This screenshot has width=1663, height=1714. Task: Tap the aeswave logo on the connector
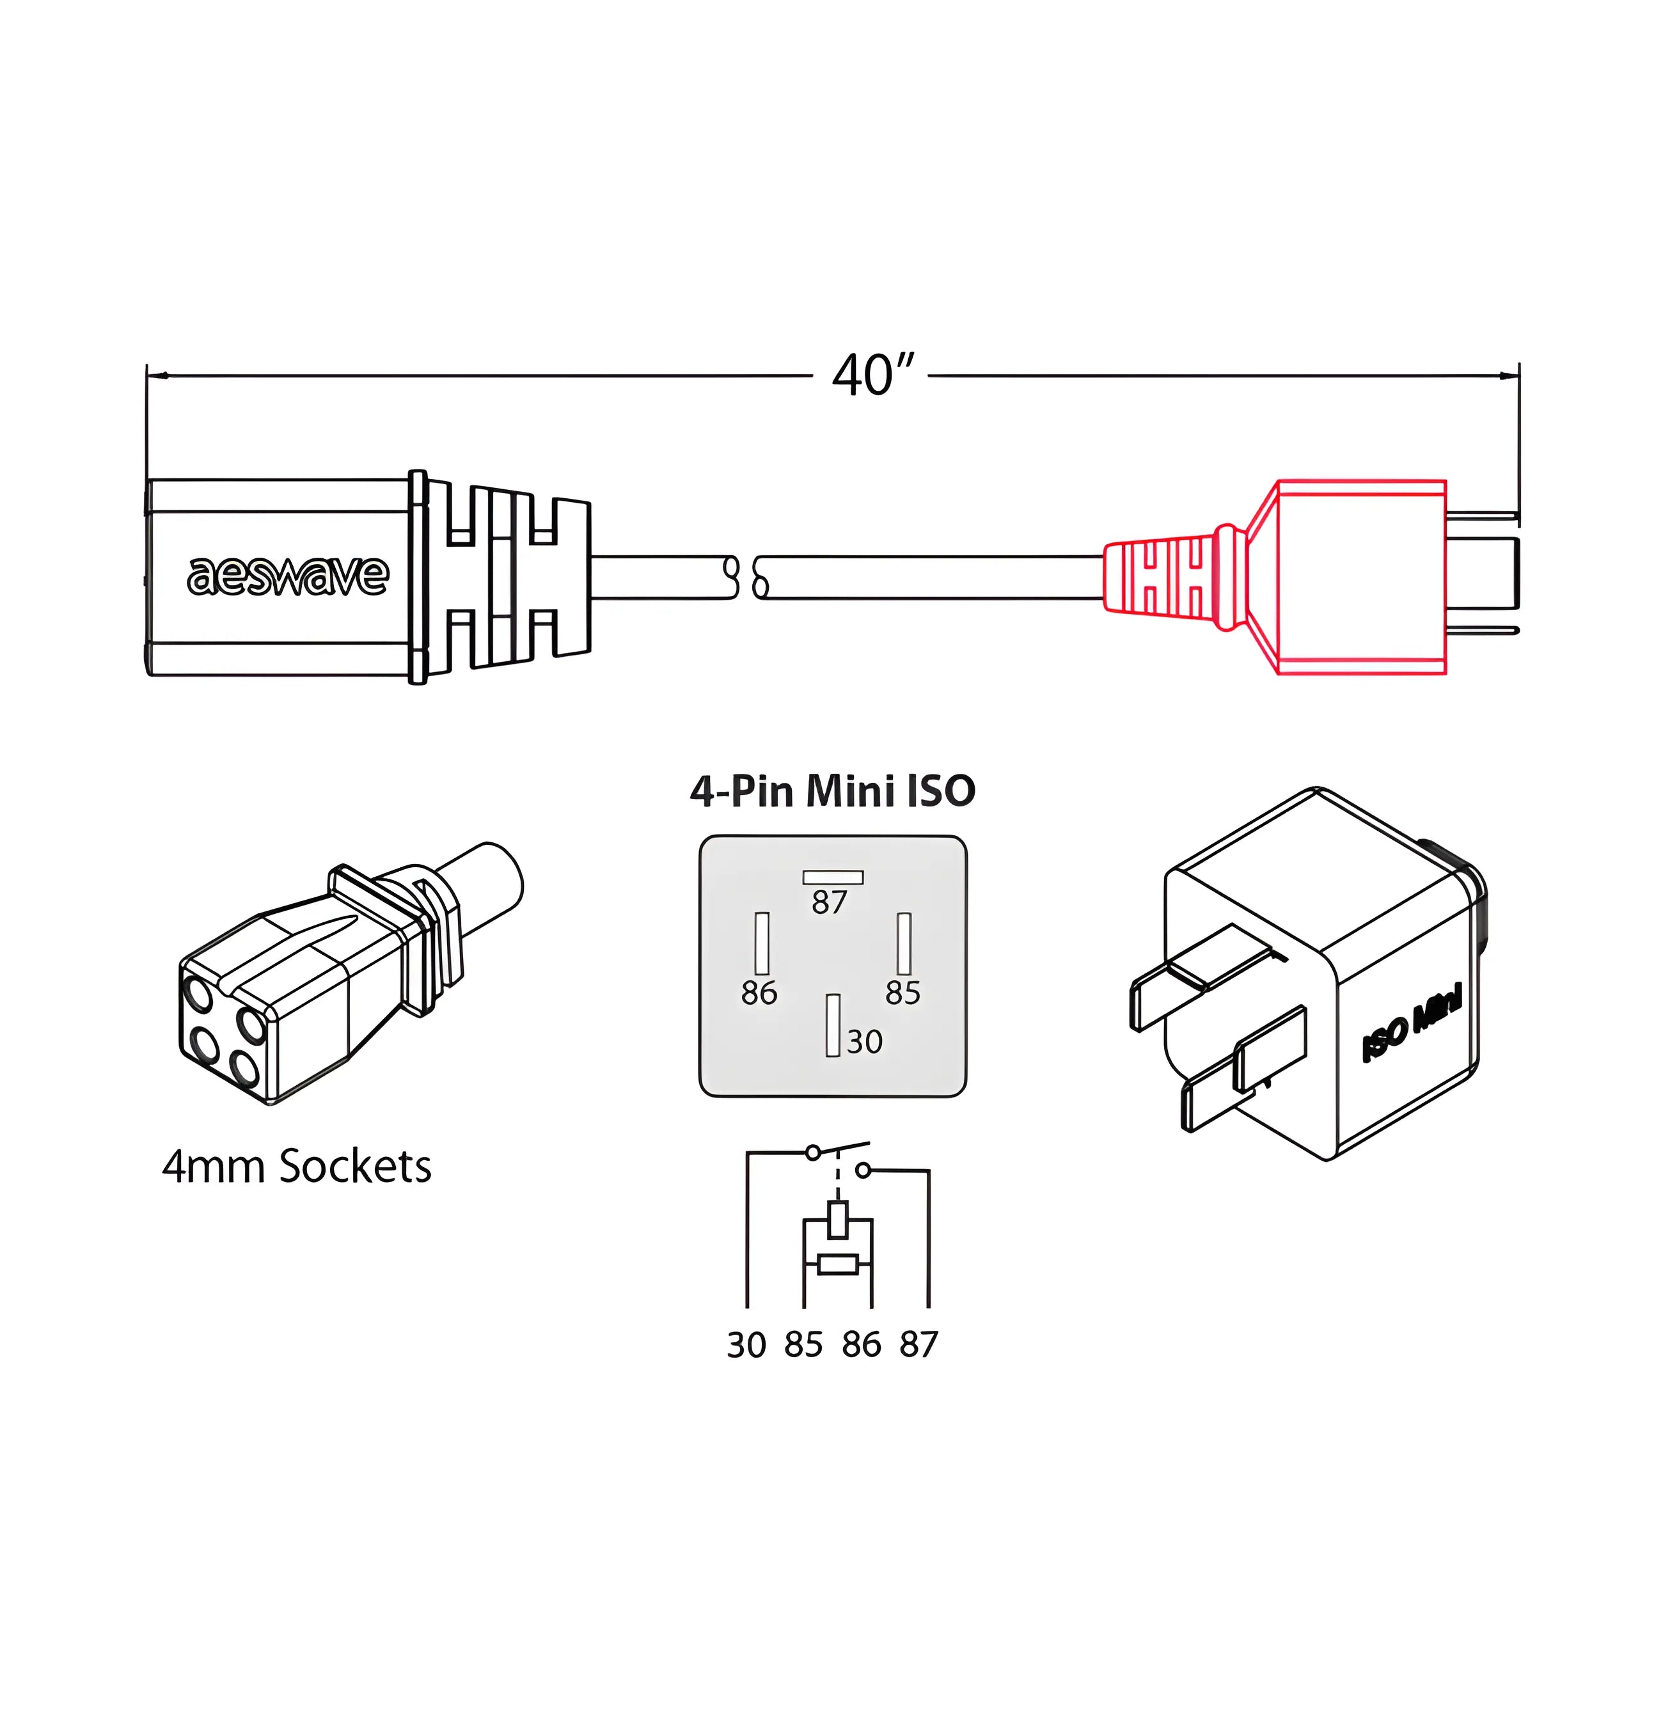tap(288, 576)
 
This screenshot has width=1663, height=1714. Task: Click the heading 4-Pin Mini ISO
tap(832, 790)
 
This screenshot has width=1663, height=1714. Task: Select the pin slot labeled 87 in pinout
tap(833, 877)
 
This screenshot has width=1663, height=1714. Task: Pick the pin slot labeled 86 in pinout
tap(762, 943)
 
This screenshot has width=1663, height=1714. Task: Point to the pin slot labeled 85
tap(904, 943)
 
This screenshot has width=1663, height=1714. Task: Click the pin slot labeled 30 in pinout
tap(833, 1025)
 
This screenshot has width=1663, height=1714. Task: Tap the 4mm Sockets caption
tap(297, 1167)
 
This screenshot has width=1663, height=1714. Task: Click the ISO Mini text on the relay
tap(1411, 1022)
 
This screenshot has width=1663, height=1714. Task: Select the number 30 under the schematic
tap(746, 1345)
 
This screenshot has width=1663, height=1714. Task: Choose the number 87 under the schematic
tap(918, 1345)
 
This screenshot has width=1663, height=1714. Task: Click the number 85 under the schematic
tap(803, 1345)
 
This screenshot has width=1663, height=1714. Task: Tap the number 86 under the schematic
tap(862, 1345)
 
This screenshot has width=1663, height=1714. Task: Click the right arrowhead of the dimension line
tap(1509, 376)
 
